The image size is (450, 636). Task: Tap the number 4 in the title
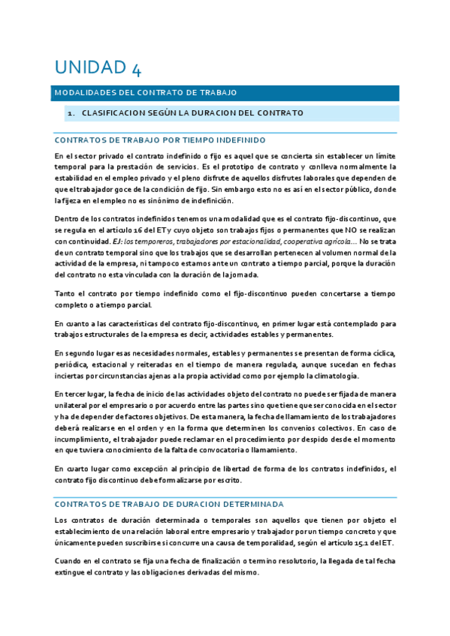pyautogui.click(x=135, y=68)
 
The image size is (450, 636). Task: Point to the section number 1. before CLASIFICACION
pyautogui.click(x=71, y=113)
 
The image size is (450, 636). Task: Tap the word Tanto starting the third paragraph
pyautogui.click(x=65, y=294)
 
